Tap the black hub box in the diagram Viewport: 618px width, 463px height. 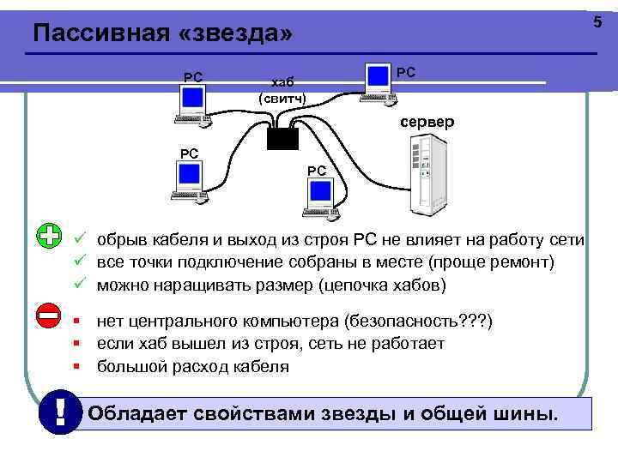pyautogui.click(x=281, y=137)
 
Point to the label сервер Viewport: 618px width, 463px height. pyautogui.click(x=427, y=123)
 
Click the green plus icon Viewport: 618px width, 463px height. pyautogui.click(x=49, y=236)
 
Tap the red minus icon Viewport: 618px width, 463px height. pyautogui.click(x=49, y=315)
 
